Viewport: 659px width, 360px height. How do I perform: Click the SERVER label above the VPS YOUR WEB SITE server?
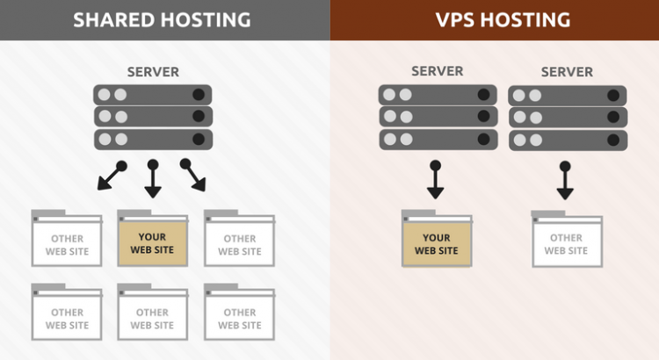point(438,70)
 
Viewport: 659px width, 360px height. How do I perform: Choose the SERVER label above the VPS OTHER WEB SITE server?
point(567,70)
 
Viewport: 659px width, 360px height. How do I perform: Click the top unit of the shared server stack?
point(153,95)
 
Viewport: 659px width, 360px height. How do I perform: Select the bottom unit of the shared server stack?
point(153,139)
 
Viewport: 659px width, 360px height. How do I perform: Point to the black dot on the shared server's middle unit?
point(199,117)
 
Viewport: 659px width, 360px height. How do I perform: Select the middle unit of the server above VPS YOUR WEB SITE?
point(438,117)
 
